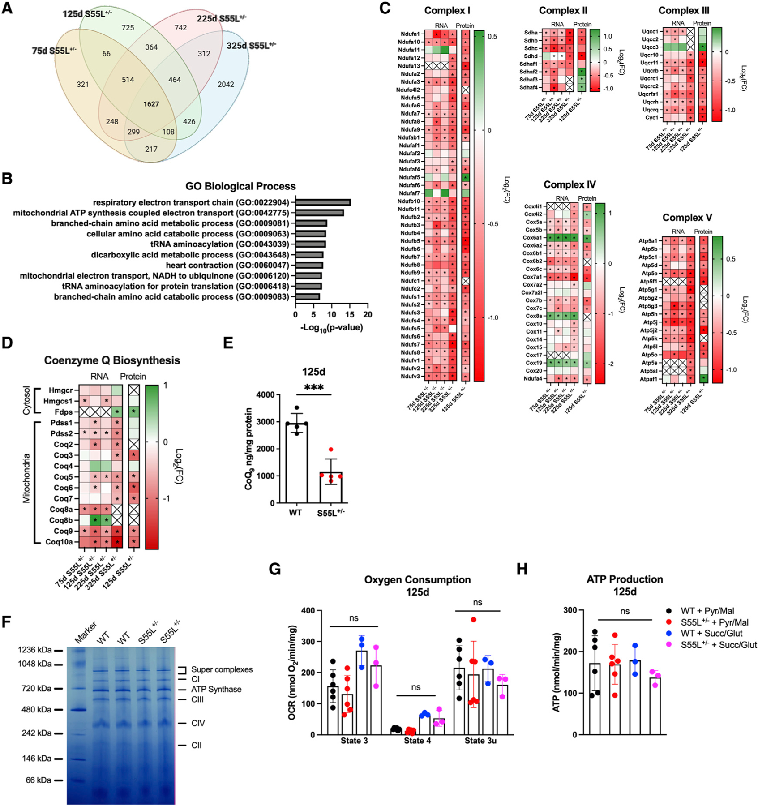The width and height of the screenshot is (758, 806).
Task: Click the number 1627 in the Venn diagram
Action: coord(151,104)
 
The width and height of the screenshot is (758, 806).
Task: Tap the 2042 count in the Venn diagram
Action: coord(226,84)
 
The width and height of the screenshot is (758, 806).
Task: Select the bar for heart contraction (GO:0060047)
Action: coord(309,265)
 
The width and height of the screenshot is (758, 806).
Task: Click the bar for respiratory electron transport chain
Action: coord(323,202)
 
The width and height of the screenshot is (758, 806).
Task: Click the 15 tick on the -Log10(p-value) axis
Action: coord(350,315)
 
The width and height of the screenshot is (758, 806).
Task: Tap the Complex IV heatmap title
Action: coord(570,184)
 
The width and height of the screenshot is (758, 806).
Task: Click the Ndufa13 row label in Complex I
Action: coord(409,66)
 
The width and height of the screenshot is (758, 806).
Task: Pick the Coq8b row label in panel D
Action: coord(61,520)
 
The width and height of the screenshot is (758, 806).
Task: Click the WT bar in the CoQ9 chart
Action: coord(296,463)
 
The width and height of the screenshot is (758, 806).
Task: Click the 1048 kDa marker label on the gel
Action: coord(34,664)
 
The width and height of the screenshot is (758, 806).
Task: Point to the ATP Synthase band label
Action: coord(216,689)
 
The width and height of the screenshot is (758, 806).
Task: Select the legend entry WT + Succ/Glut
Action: coord(711,633)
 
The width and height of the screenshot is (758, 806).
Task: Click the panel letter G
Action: coord(274,569)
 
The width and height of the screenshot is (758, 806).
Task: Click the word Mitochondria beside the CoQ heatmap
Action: coord(26,478)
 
